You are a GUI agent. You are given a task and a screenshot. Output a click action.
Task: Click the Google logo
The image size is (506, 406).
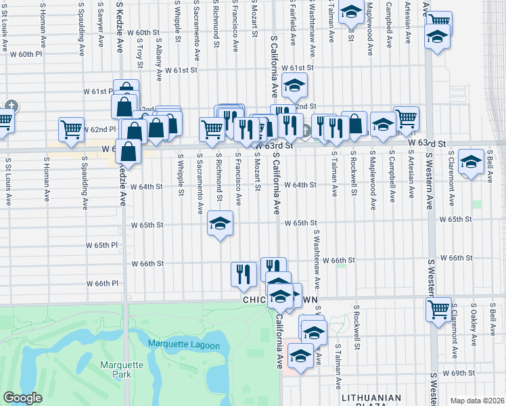[23, 398]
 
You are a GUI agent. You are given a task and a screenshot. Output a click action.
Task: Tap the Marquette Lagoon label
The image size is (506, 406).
[184, 346]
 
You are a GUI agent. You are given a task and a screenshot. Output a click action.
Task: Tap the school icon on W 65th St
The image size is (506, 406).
[219, 224]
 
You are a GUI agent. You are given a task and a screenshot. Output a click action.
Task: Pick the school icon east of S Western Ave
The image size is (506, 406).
[471, 163]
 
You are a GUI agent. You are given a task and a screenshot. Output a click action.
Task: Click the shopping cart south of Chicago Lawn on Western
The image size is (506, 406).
[438, 310]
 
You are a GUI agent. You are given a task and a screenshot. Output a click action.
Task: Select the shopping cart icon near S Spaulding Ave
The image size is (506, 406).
[71, 129]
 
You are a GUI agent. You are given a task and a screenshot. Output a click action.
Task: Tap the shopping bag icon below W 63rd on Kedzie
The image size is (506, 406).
[129, 152]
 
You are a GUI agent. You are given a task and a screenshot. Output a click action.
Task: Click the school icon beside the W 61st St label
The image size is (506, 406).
[294, 85]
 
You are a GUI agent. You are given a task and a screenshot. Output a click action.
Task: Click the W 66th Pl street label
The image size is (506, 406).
[102, 284]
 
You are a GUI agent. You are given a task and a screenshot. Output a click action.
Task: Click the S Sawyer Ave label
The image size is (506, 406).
[100, 27]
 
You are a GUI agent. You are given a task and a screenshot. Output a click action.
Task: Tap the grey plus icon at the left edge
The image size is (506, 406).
[11, 106]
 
